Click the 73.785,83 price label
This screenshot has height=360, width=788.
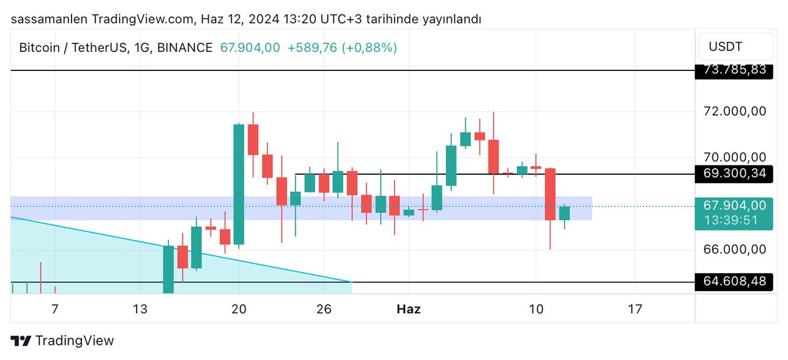pyautogui.click(x=734, y=70)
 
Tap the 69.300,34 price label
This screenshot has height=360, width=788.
pyautogui.click(x=734, y=174)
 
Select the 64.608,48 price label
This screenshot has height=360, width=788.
pyautogui.click(x=734, y=282)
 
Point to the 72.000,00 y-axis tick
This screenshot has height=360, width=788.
pyautogui.click(x=734, y=111)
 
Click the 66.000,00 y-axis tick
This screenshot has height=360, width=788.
pyautogui.click(x=734, y=250)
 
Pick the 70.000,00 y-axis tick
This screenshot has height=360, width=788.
pyautogui.click(x=734, y=157)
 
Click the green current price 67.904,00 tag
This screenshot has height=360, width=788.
pyautogui.click(x=734, y=206)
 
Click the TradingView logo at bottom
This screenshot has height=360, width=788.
pyautogui.click(x=63, y=340)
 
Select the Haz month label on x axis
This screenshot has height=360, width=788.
pyautogui.click(x=409, y=308)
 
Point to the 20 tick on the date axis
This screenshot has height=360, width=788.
pyautogui.click(x=239, y=308)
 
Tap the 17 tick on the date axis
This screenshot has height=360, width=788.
pyautogui.click(x=635, y=308)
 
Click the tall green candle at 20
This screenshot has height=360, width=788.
pyautogui.click(x=239, y=184)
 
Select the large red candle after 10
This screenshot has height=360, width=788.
pyautogui.click(x=550, y=194)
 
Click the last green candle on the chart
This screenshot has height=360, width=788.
pyautogui.click(x=565, y=213)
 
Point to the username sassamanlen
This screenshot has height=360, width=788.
pyautogui.click(x=48, y=19)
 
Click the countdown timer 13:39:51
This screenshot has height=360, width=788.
pyautogui.click(x=734, y=219)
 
